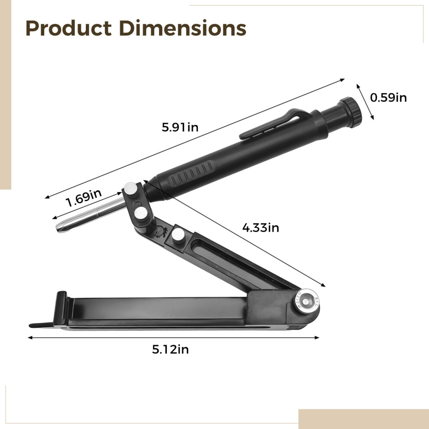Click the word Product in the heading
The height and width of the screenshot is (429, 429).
coord(68,28)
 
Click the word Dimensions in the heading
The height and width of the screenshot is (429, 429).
coord(183,28)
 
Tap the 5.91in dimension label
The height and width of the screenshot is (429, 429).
coord(180,127)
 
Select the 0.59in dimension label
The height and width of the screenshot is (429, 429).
coord(388,97)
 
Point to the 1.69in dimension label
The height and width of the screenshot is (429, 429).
coord(84,197)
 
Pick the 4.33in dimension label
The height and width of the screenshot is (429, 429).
coord(260,227)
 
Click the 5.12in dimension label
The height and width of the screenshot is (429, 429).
coord(170,349)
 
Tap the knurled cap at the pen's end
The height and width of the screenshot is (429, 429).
coord(351,112)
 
